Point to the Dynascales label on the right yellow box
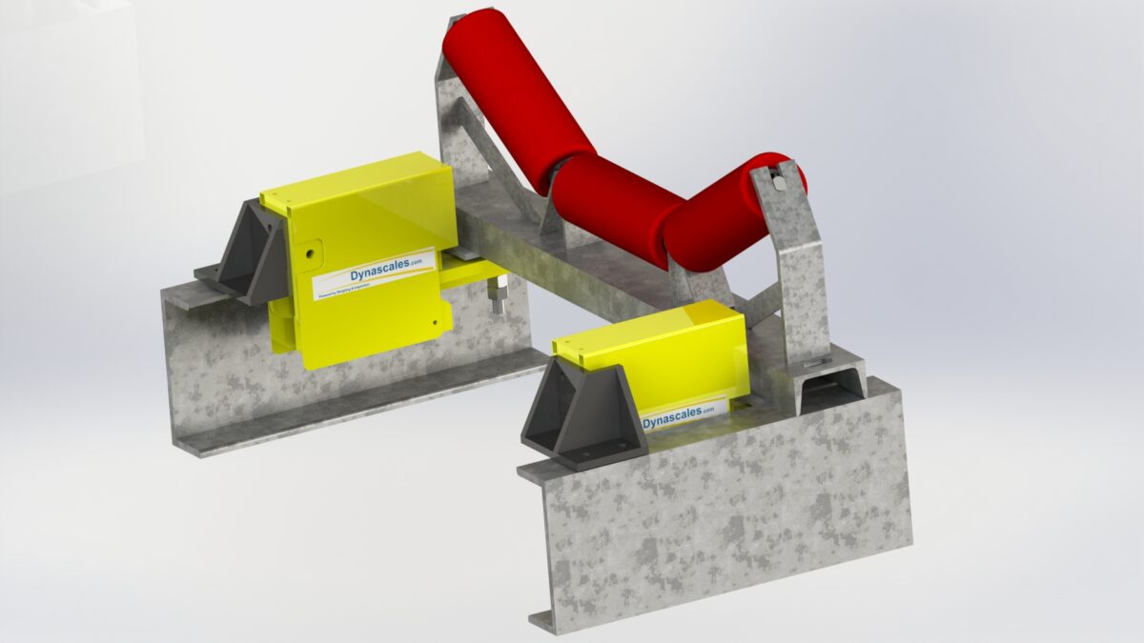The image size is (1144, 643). pyautogui.click(x=678, y=415)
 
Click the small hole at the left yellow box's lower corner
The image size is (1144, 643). pyautogui.click(x=436, y=324)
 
